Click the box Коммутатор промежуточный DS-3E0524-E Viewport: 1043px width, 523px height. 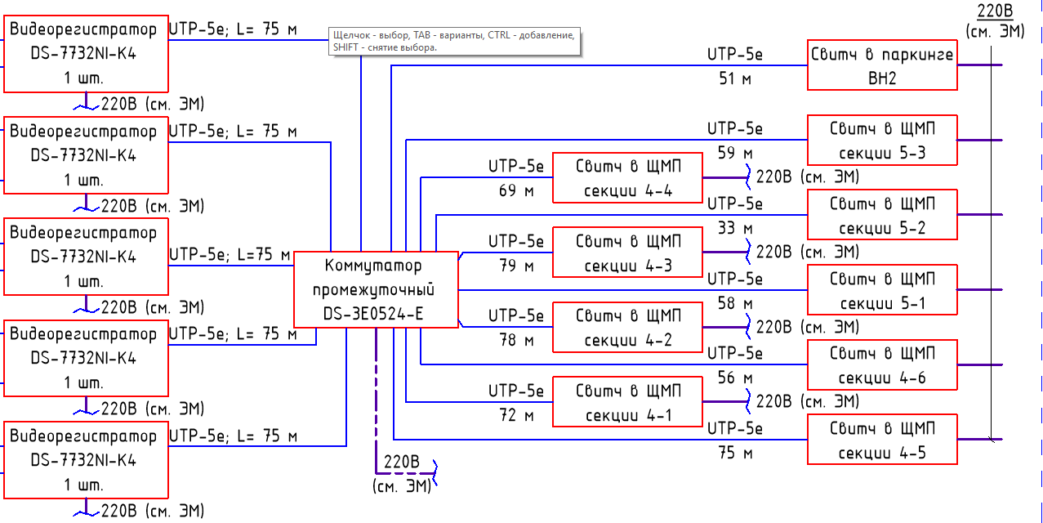coord(375,290)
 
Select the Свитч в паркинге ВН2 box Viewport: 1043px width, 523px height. coord(882,65)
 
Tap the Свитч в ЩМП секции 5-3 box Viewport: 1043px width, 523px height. coord(882,141)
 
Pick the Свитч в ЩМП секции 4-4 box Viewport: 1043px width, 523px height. coord(627,178)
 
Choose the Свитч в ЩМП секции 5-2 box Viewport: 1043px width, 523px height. coord(882,215)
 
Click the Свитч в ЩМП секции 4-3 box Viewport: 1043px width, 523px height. coord(627,253)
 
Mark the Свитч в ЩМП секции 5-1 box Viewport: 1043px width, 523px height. coord(882,290)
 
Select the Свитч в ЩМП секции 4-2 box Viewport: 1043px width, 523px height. coord(627,328)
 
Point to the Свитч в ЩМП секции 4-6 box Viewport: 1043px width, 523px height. coord(882,365)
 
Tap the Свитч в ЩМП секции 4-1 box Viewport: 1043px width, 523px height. coord(627,402)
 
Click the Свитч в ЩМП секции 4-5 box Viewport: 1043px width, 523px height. coord(882,440)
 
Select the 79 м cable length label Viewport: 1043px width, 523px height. coord(516,266)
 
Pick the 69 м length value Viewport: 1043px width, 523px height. coord(516,191)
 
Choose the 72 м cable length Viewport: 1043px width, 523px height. coord(516,415)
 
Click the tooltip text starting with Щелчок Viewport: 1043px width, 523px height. coord(454,42)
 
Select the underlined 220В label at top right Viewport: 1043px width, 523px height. coord(994,11)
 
